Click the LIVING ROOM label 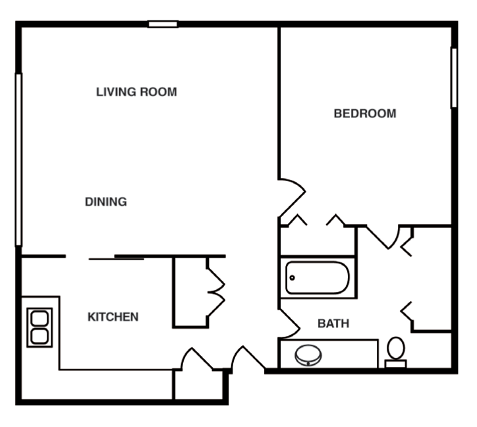pos(136,92)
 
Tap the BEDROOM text pos(365,113)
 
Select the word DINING pos(106,202)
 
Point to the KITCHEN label pos(113,317)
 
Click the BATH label pos(333,324)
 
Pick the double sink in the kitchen pos(40,327)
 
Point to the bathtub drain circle pos(292,278)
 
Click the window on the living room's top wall pos(163,24)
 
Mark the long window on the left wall pos(18,159)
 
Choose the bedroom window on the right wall pos(453,77)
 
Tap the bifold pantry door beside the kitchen pos(216,290)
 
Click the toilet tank pos(395,363)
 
